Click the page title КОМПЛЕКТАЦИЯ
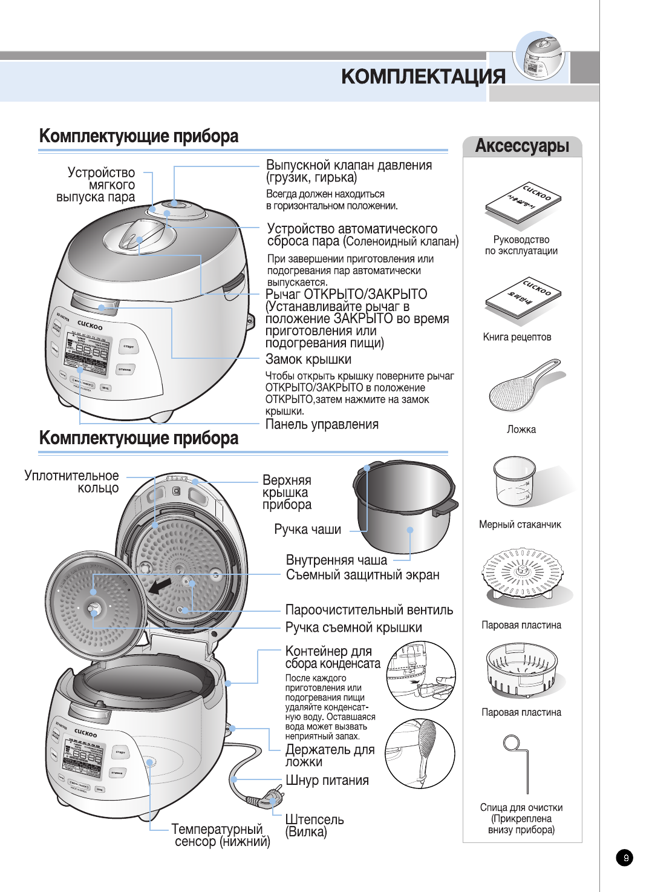pyautogui.click(x=423, y=77)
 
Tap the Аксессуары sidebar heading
pyautogui.click(x=522, y=146)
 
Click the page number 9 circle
pyautogui.click(x=625, y=858)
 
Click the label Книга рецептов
pyautogui.click(x=517, y=337)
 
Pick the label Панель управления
pyautogui.click(x=322, y=424)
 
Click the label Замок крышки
pyautogui.click(x=308, y=359)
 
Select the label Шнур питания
pyautogui.click(x=327, y=780)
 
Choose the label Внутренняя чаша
pyautogui.click(x=336, y=560)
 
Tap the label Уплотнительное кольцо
pyautogui.click(x=72, y=482)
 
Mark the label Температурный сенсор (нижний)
pyautogui.click(x=220, y=835)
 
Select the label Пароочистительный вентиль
pyautogui.click(x=369, y=610)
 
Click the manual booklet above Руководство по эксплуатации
pyautogui.click(x=523, y=202)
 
